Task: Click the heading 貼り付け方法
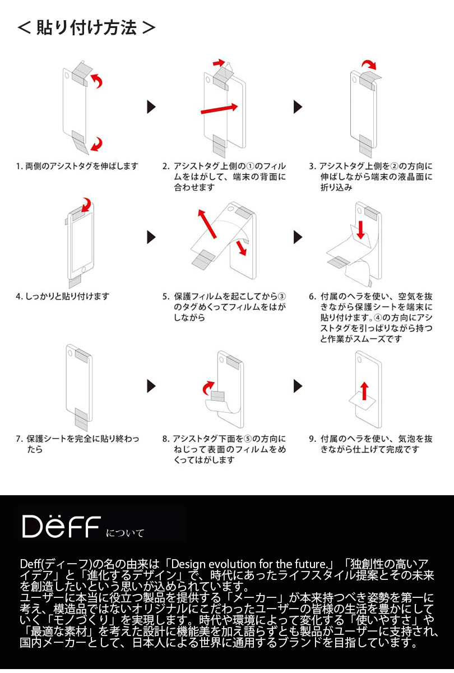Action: pos(86,27)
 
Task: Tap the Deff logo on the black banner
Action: pos(61,526)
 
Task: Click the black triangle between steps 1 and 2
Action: pos(151,107)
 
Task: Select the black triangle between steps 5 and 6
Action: pos(298,237)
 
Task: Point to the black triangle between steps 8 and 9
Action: pos(298,386)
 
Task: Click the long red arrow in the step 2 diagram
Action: pos(219,109)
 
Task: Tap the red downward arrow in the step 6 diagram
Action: pos(360,230)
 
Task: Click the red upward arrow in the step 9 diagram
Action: pos(364,391)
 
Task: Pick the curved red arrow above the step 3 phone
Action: pos(369,63)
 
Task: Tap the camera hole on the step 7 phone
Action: pos(70,352)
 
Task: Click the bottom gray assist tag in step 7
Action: pos(81,419)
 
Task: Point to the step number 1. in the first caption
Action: pos(19,166)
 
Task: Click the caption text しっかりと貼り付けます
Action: pos(67,297)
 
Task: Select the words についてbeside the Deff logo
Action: pos(125,533)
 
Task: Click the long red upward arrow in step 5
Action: pos(207,224)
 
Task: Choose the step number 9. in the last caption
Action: pos(312,439)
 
